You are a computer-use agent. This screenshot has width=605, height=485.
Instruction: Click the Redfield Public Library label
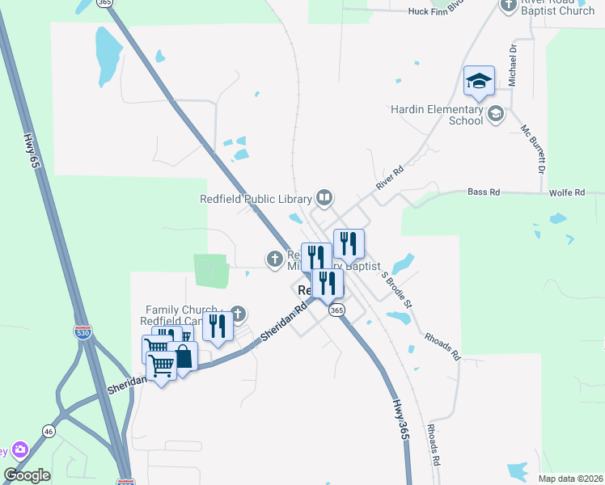tap(256, 199)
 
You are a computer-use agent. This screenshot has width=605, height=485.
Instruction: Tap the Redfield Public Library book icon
tap(324, 197)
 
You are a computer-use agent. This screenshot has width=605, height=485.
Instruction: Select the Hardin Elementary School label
tap(437, 115)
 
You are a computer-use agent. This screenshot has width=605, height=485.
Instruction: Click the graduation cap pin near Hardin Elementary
tap(479, 81)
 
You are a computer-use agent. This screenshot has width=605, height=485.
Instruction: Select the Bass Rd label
tap(484, 192)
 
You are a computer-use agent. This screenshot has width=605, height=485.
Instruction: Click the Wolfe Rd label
tap(567, 192)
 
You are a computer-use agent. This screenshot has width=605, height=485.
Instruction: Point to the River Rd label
tap(389, 178)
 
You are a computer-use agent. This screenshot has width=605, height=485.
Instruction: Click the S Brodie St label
tap(396, 291)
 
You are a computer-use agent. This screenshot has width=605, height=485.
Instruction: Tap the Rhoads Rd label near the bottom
tap(434, 444)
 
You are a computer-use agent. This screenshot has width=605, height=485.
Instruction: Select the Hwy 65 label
tap(33, 150)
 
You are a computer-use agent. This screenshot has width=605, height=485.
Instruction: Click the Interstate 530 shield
tap(82, 331)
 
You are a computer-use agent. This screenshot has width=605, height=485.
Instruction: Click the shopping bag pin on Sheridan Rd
tap(183, 356)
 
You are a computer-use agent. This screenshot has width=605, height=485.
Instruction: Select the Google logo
tap(27, 475)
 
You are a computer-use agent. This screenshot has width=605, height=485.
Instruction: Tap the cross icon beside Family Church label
tap(237, 313)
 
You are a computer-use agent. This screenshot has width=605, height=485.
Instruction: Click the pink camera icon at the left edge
tap(19, 449)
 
